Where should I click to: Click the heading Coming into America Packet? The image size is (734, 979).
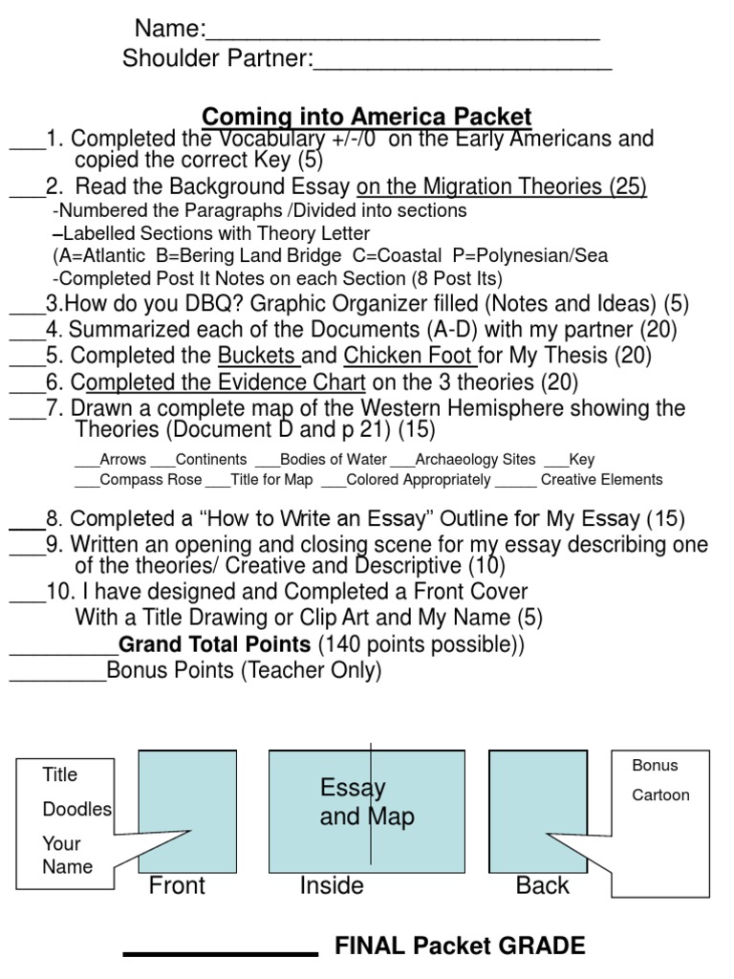point(368,117)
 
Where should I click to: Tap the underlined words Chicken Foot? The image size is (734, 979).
point(411,357)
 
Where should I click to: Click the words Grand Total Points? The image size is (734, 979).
point(214,644)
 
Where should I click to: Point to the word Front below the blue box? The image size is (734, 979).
point(177,886)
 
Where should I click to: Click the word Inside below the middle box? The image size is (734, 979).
point(332,886)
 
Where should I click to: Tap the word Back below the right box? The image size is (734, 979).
point(542,886)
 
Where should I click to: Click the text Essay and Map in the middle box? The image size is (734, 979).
point(367,803)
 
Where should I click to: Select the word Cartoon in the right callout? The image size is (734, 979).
point(660,795)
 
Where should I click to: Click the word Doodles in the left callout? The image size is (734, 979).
point(76,809)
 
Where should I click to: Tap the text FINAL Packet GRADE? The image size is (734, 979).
point(460,946)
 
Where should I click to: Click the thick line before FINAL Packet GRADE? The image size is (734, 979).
point(221,953)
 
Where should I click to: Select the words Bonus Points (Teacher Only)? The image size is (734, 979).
point(244,671)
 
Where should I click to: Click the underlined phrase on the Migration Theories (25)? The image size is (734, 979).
point(502,187)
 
